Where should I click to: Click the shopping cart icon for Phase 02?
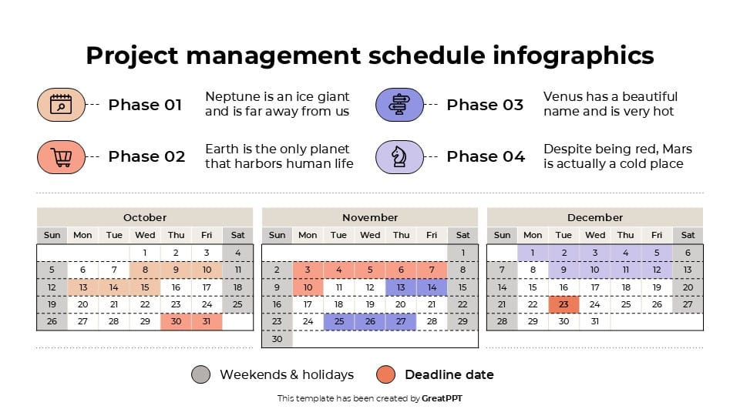click(61, 157)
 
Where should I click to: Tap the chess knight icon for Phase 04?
click(399, 157)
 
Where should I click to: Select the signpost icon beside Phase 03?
click(399, 105)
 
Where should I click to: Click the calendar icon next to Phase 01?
click(61, 105)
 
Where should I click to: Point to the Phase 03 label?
click(485, 105)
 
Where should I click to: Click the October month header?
click(145, 217)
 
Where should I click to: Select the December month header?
click(595, 217)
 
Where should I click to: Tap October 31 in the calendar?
click(207, 321)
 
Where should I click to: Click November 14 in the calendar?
click(432, 287)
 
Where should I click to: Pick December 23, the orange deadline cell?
click(563, 304)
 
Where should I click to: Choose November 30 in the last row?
click(277, 339)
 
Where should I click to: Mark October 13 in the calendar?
click(82, 287)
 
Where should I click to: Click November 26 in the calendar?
click(370, 321)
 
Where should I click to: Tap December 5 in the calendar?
click(657, 252)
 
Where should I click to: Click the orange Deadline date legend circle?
click(386, 375)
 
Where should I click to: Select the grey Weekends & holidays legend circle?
click(201, 375)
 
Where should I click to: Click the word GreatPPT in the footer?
click(442, 398)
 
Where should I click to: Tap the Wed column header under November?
click(370, 235)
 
